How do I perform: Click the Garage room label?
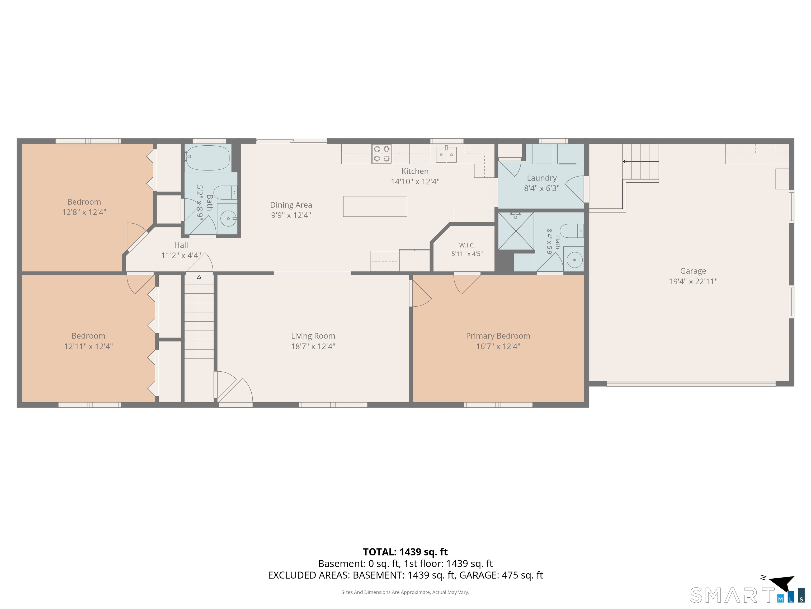point(693,271)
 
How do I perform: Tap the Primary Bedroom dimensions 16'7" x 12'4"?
point(498,346)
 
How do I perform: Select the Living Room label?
point(313,336)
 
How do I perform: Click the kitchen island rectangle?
point(375,206)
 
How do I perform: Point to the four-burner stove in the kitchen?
point(382,154)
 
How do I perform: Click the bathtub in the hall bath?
point(208,158)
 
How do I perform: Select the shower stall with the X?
point(516,231)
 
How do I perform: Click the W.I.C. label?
point(467,245)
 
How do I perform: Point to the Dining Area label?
point(291,205)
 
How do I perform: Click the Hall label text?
point(181,245)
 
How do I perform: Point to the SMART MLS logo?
point(748,595)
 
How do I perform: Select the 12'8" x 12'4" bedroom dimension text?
point(84,212)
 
